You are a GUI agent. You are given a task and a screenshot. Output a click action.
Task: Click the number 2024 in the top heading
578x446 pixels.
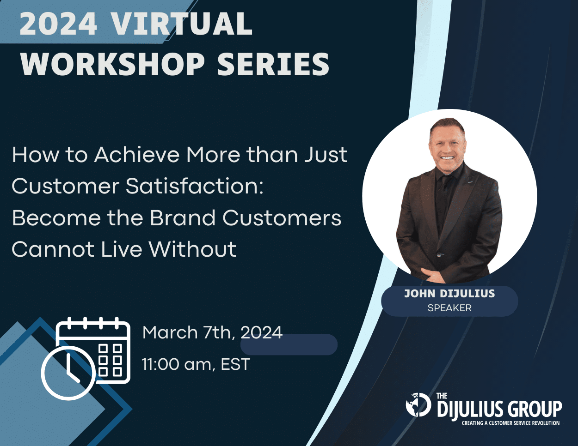tap(58, 24)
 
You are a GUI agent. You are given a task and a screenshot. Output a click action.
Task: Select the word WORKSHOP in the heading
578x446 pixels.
tap(113, 64)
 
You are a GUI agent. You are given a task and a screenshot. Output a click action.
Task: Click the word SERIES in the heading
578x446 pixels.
tap(273, 64)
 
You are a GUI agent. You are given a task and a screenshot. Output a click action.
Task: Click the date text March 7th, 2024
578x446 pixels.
tap(212, 332)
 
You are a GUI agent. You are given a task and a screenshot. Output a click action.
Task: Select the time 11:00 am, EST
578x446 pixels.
tap(196, 364)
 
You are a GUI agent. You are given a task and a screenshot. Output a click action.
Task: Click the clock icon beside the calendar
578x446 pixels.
tap(68, 372)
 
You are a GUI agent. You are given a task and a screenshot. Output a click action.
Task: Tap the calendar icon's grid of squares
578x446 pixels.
tap(111, 360)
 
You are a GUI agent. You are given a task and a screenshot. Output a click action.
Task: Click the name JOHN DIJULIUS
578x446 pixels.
tap(449, 294)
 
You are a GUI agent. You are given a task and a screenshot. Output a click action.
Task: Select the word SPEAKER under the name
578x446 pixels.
tap(449, 308)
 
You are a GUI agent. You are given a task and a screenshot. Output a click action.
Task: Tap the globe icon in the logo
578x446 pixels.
tap(418, 404)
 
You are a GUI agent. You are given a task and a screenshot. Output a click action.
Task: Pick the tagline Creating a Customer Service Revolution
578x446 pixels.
tap(510, 423)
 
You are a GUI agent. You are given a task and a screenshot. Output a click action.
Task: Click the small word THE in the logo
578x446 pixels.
tap(442, 396)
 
